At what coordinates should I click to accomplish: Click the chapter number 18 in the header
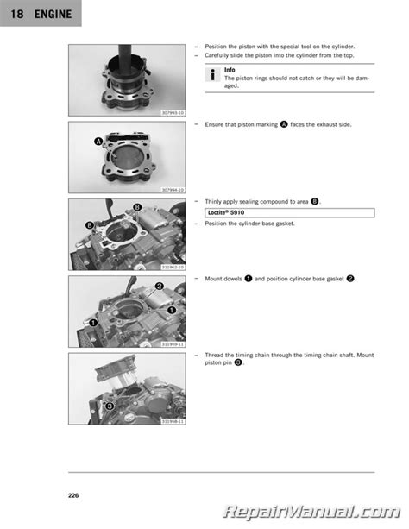point(17,14)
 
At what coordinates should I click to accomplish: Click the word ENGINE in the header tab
point(53,14)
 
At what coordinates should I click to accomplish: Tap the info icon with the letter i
point(212,74)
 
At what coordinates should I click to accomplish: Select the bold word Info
point(230,70)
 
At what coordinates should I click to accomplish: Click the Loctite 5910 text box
point(290,212)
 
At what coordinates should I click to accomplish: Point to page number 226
point(73,495)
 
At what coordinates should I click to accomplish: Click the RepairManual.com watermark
point(311,512)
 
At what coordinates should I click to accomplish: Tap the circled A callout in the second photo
point(98,142)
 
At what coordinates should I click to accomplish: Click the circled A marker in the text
point(284,124)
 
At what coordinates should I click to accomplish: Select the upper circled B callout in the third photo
point(137,207)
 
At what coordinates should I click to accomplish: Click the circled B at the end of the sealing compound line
point(314,201)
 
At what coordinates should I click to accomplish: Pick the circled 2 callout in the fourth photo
point(160,287)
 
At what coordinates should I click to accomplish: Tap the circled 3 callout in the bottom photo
point(110,406)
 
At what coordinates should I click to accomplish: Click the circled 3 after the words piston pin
point(238,362)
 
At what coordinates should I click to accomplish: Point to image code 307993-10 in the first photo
point(173,113)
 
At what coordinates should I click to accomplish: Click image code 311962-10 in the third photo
point(173,267)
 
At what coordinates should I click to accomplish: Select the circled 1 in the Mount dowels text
point(249,279)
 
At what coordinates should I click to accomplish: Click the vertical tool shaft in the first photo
point(125,54)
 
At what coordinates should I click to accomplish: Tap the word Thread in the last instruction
point(214,355)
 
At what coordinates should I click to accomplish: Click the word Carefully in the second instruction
point(217,55)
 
